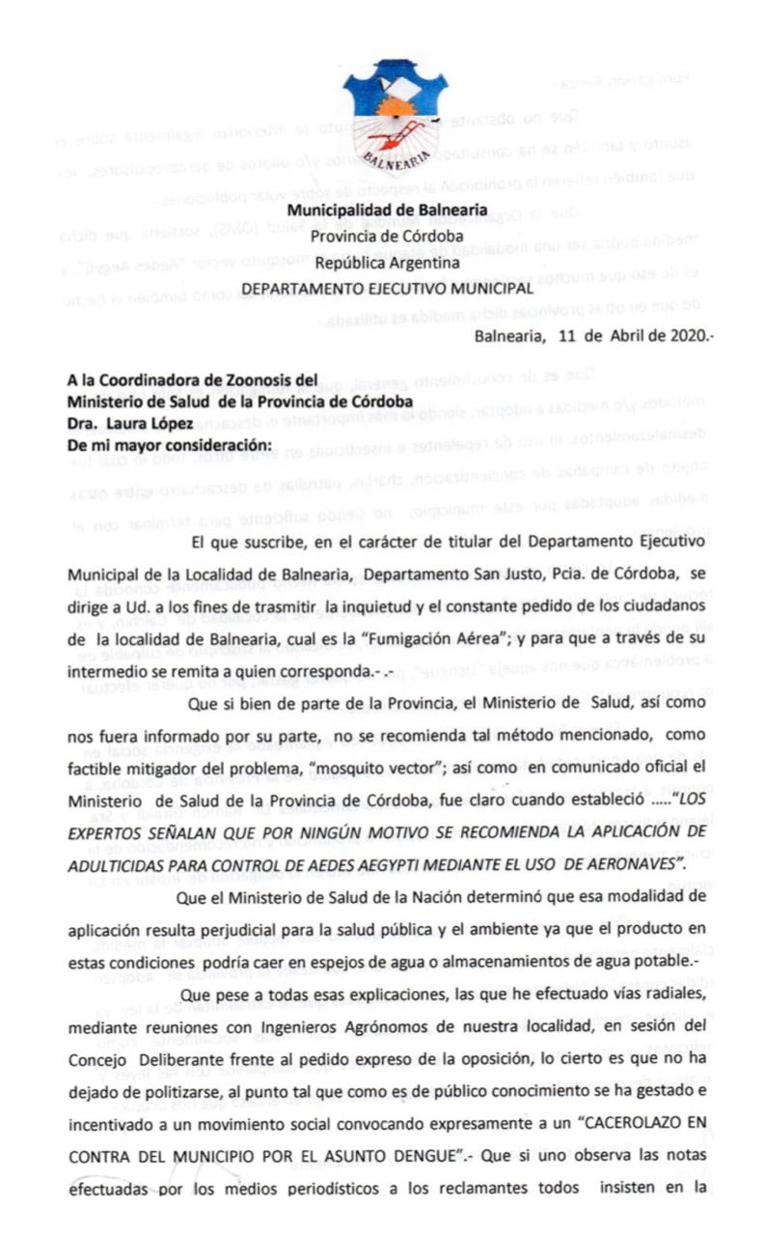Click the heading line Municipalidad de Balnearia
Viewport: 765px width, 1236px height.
(x=387, y=211)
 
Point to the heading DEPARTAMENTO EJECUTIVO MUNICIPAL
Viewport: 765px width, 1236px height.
(x=387, y=288)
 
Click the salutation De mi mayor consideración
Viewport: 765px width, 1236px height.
(x=170, y=445)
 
